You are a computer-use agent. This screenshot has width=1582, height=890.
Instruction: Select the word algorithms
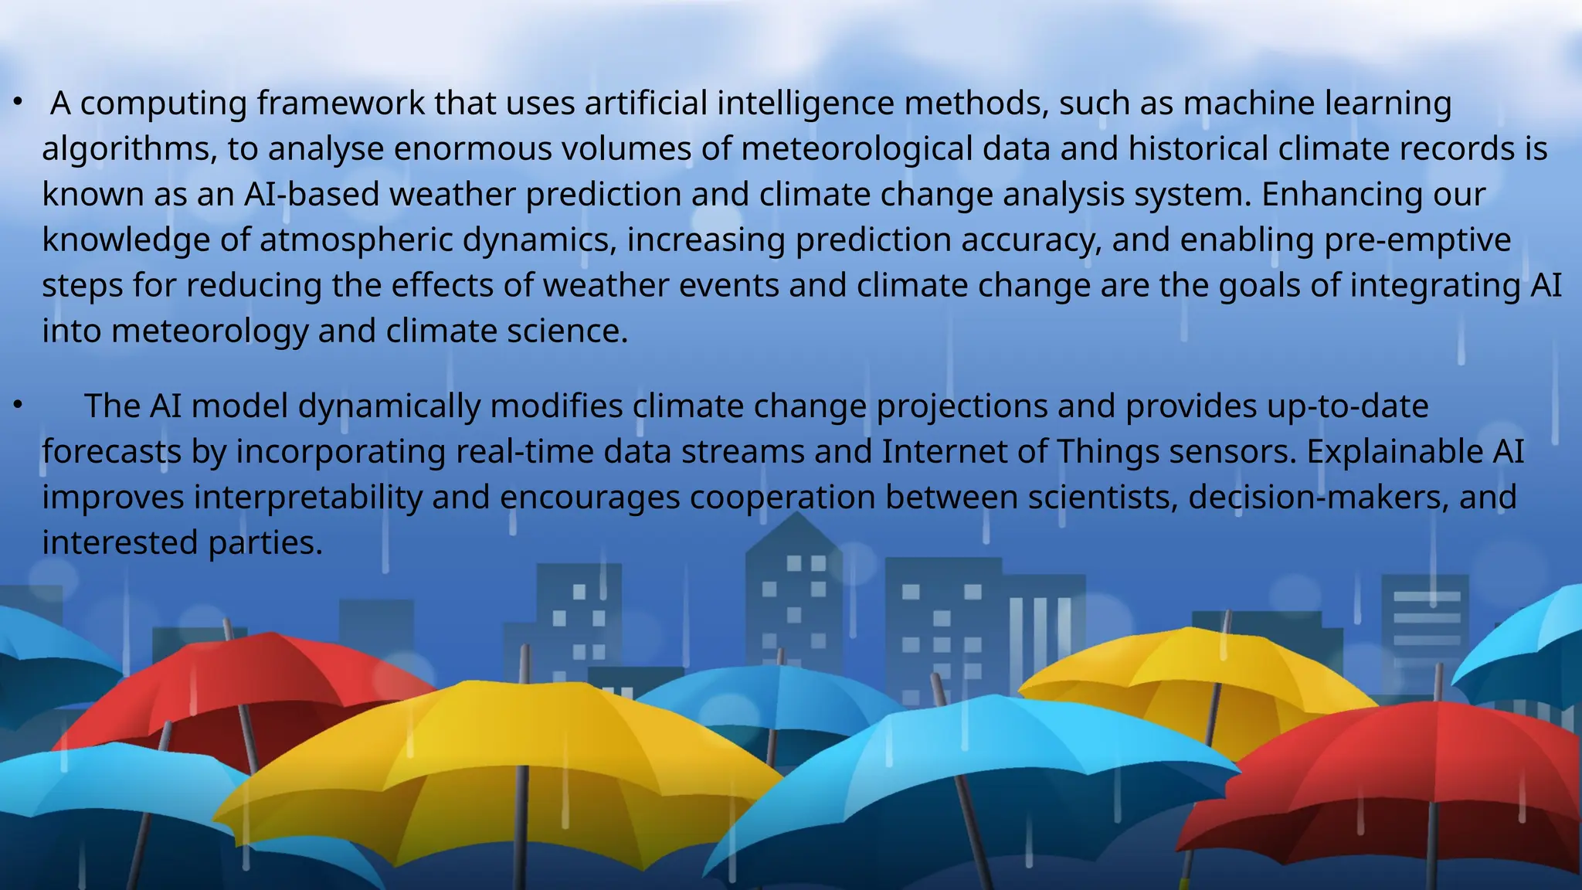coord(129,149)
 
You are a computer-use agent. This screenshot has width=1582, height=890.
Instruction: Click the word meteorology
coord(209,331)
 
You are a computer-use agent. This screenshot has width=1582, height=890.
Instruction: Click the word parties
coord(265,543)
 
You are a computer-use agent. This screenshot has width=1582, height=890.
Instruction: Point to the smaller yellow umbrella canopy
coord(1197,680)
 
